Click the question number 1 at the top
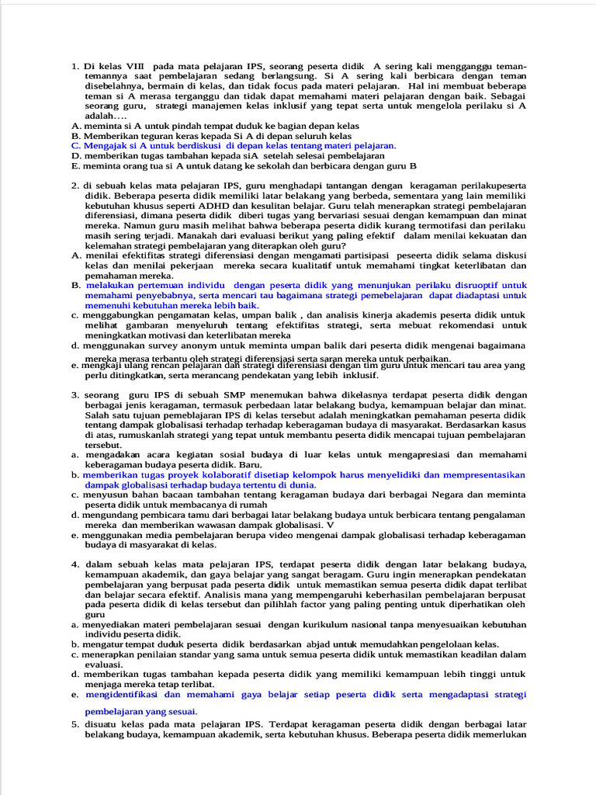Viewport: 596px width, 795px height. [x=74, y=67]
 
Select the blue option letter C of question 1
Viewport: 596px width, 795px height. [x=75, y=145]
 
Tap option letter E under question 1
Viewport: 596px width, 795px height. [x=74, y=165]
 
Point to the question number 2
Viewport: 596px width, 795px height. [x=74, y=186]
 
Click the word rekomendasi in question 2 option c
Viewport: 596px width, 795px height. [x=479, y=325]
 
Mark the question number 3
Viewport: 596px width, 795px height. [x=74, y=395]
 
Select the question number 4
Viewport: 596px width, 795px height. [x=74, y=564]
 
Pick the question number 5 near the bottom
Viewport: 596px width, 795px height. [x=74, y=724]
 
